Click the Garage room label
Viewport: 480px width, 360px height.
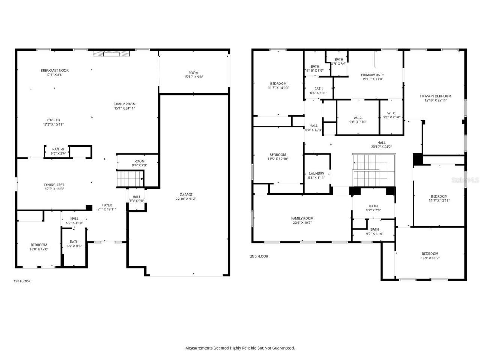pyautogui.click(x=186, y=195)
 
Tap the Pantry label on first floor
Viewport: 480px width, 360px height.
pyautogui.click(x=58, y=149)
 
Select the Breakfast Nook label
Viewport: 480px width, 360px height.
pyautogui.click(x=55, y=70)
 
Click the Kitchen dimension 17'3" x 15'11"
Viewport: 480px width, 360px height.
pyautogui.click(x=53, y=124)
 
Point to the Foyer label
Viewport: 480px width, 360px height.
pyautogui.click(x=107, y=205)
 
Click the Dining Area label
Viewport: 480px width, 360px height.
pyautogui.click(x=55, y=185)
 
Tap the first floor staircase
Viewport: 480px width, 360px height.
pyautogui.click(x=130, y=178)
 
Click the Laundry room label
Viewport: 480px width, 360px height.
pyautogui.click(x=316, y=174)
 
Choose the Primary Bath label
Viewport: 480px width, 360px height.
pyautogui.click(x=372, y=75)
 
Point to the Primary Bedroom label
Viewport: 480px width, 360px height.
pyautogui.click(x=435, y=96)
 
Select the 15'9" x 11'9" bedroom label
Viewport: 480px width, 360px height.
pyautogui.click(x=429, y=253)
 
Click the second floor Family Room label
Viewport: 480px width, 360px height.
pyautogui.click(x=302, y=219)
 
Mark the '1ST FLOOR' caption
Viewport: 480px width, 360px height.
pyautogui.click(x=22, y=281)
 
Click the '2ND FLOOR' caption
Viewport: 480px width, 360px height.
pyautogui.click(x=259, y=256)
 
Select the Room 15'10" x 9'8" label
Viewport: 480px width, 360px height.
pyautogui.click(x=193, y=73)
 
